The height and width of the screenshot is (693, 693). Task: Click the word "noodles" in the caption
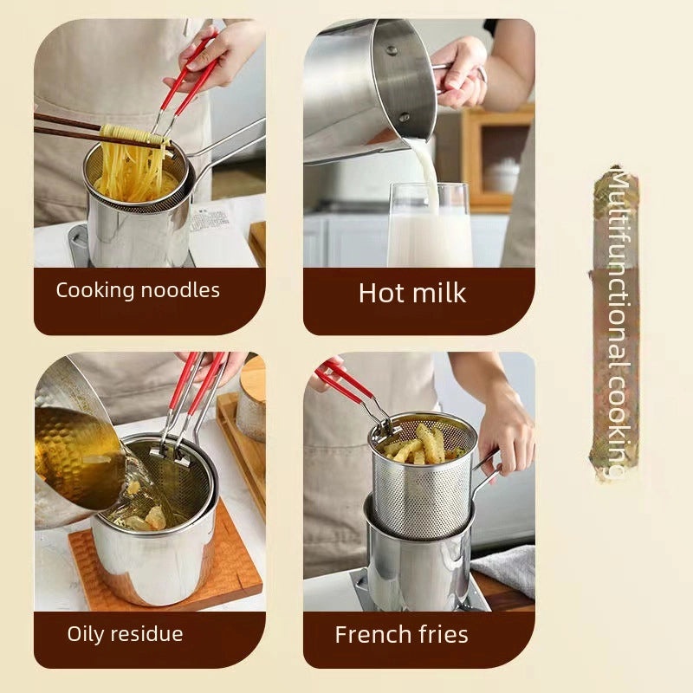click(179, 290)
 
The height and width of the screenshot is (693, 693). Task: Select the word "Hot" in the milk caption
click(381, 293)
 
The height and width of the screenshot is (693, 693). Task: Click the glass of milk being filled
click(430, 230)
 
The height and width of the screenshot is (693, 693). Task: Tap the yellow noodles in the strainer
click(130, 173)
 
